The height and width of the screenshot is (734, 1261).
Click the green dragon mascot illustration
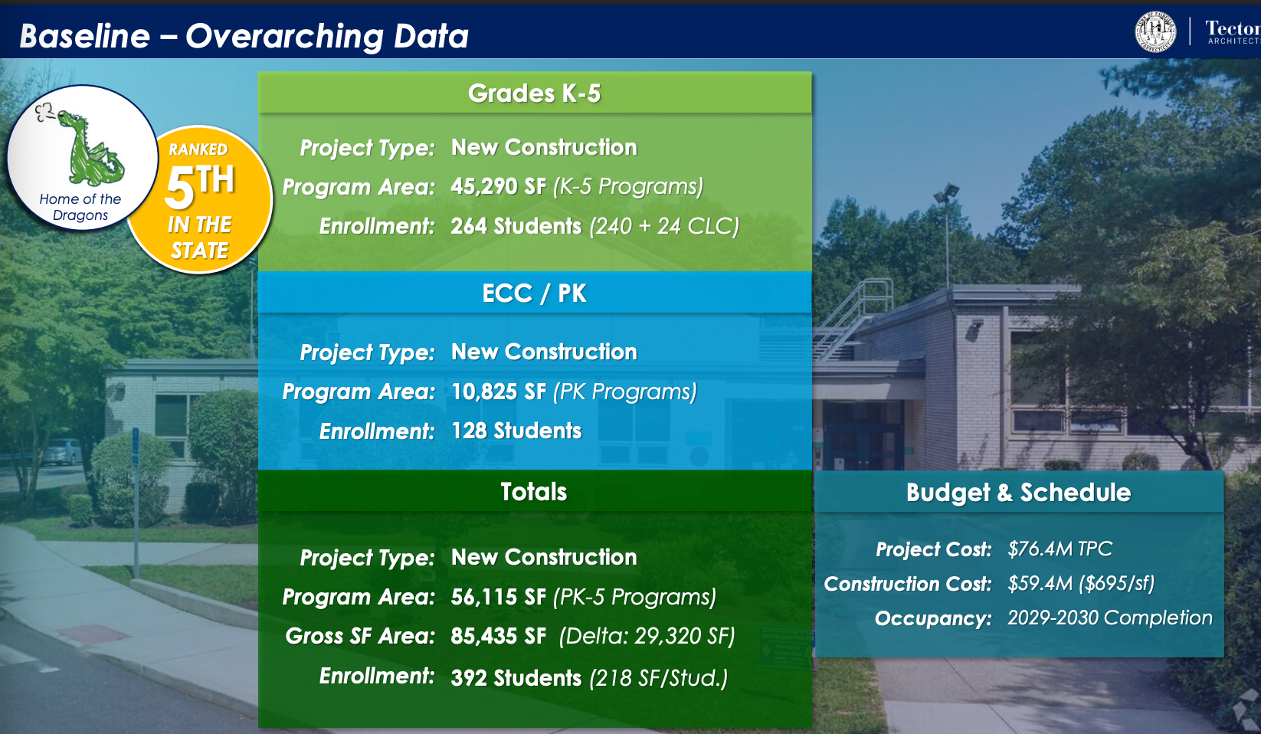tap(90, 146)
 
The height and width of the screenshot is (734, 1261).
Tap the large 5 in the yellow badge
tap(179, 188)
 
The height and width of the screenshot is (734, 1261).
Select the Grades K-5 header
tap(534, 93)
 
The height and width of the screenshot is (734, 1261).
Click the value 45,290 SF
tap(498, 186)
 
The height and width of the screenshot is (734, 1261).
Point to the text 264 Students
tap(516, 226)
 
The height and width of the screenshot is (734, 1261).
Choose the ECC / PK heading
tap(534, 293)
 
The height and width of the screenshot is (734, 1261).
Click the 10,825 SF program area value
tap(498, 392)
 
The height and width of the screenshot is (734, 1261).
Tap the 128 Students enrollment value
tap(516, 431)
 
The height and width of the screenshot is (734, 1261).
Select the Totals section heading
tap(534, 492)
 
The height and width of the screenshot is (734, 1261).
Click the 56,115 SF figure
tap(498, 597)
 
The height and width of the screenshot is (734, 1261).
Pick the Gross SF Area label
tap(360, 636)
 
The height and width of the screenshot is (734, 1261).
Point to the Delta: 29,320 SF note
tap(647, 636)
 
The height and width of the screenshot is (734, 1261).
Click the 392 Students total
tap(516, 678)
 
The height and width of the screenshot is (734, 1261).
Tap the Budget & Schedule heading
tap(1018, 493)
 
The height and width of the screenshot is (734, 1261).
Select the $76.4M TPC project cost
tap(1060, 549)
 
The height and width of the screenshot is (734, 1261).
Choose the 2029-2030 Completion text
tap(1109, 618)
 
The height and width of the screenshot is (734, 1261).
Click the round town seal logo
tap(1155, 31)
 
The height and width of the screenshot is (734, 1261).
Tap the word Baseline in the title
tap(85, 37)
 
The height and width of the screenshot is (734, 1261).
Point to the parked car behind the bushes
tap(62, 451)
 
